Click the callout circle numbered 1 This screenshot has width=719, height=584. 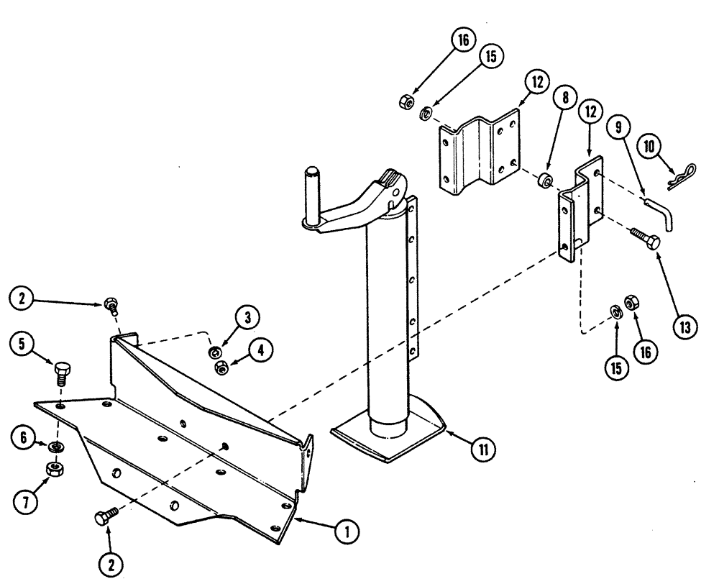(347, 532)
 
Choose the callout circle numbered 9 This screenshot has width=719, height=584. (618, 127)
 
